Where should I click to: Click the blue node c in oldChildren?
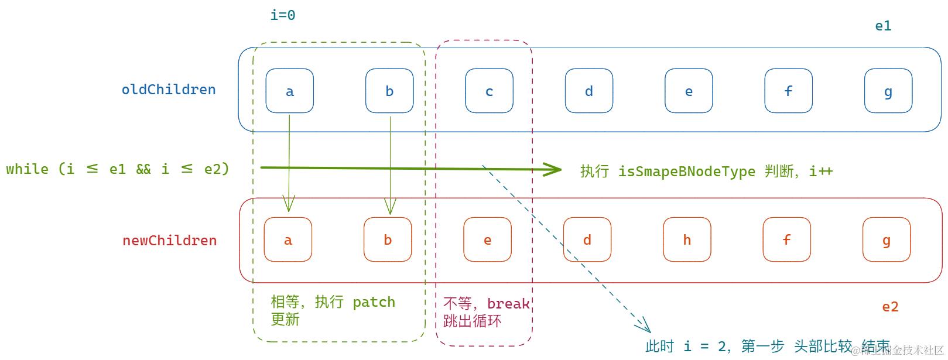pos(489,91)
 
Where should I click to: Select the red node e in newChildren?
pos(487,239)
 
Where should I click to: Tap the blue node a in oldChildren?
pos(289,91)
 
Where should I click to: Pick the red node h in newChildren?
pos(687,239)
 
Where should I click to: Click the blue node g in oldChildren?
pos(888,91)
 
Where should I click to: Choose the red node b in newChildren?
pos(387,239)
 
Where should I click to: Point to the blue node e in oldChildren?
pos(689,91)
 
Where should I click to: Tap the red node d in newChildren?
pos(587,239)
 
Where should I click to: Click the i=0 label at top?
pos(282,15)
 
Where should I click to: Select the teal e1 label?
pos(883,26)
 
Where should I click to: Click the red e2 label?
pos(890,307)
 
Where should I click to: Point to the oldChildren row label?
pos(169,90)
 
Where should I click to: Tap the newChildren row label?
pos(169,241)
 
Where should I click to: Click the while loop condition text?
pos(118,169)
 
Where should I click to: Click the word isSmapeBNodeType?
pos(686,172)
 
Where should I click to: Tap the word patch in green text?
pos(374,302)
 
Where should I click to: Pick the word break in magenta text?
pos(508,304)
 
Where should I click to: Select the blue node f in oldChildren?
pos(788,91)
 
